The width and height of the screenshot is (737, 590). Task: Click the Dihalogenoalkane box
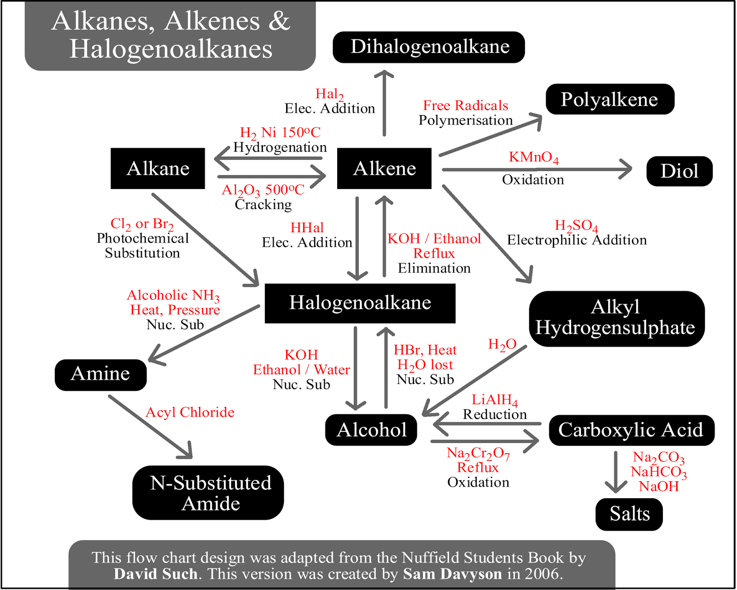pyautogui.click(x=428, y=47)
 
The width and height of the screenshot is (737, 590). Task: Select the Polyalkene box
pyautogui.click(x=610, y=99)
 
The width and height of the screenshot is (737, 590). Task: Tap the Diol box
pyautogui.click(x=679, y=171)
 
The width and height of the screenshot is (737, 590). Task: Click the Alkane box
pyautogui.click(x=158, y=168)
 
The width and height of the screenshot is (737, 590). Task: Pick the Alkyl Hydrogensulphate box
pyautogui.click(x=617, y=319)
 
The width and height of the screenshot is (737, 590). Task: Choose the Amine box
pyautogui.click(x=101, y=375)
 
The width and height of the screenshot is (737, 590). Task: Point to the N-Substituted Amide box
pyautogui.click(x=208, y=493)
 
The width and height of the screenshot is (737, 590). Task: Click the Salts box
pyautogui.click(x=629, y=514)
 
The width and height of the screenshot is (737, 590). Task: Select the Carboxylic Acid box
pyautogui.click(x=632, y=430)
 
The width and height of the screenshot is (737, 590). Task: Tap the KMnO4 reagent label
pyautogui.click(x=533, y=157)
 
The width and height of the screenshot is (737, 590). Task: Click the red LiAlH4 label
pyautogui.click(x=495, y=400)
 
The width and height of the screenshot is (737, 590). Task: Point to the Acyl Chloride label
pyautogui.click(x=190, y=413)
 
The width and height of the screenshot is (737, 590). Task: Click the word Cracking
pyautogui.click(x=263, y=205)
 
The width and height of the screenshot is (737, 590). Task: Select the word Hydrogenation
pyautogui.click(x=280, y=147)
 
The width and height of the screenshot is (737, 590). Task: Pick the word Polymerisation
pyautogui.click(x=466, y=120)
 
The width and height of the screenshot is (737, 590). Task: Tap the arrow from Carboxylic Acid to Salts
pyautogui.click(x=616, y=472)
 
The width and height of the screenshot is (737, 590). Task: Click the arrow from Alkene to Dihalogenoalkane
pyautogui.click(x=384, y=103)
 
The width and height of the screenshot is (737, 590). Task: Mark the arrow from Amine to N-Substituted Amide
pyautogui.click(x=150, y=427)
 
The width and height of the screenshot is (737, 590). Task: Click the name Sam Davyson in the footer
pyautogui.click(x=452, y=573)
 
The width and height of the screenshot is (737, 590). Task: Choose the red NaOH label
pyautogui.click(x=659, y=486)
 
